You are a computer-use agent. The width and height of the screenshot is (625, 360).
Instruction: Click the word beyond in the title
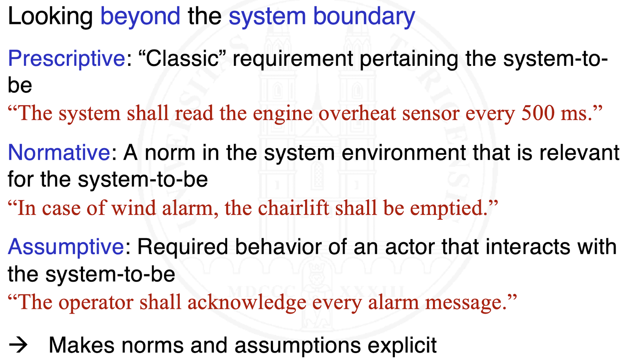(x=140, y=16)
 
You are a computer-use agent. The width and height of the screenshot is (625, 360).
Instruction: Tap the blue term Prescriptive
(x=67, y=58)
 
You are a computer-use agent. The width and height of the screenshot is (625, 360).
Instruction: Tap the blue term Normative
(x=59, y=153)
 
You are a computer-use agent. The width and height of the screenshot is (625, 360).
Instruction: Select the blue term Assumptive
(x=66, y=247)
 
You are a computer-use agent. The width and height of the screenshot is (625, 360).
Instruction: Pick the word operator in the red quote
(x=96, y=302)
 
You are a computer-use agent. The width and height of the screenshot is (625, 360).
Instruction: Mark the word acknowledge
(x=247, y=302)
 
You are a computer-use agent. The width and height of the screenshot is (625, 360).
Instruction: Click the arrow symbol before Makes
(x=18, y=345)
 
